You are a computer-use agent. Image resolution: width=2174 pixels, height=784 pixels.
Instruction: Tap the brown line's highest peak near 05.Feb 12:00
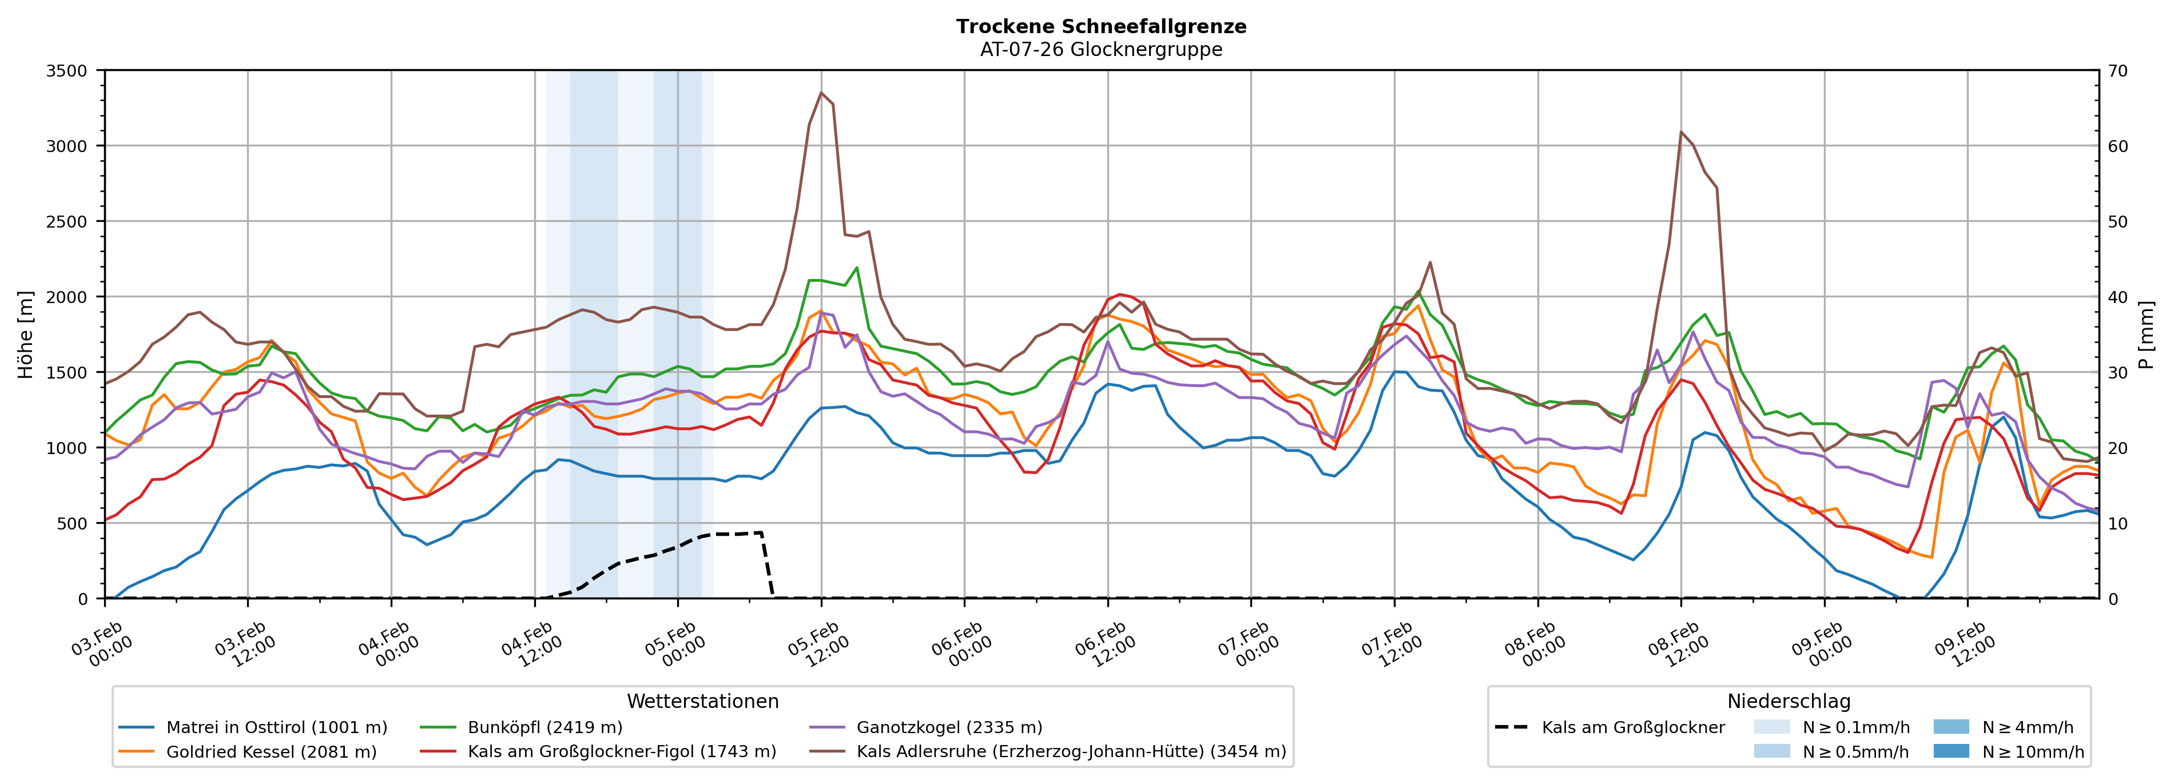click(821, 93)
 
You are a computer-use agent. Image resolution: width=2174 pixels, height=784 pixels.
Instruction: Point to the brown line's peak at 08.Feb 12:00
click(1681, 133)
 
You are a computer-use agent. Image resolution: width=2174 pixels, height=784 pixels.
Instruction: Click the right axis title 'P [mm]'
click(2146, 334)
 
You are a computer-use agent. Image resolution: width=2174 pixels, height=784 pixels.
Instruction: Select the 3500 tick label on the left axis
click(67, 71)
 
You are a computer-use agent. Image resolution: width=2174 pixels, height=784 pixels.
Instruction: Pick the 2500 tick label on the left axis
click(67, 222)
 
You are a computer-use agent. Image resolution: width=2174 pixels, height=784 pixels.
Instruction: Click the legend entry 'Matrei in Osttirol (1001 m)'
click(276, 727)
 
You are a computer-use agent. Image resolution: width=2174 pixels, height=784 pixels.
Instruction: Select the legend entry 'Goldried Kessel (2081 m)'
click(271, 752)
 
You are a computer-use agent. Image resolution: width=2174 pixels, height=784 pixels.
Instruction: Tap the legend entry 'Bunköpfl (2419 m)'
click(545, 727)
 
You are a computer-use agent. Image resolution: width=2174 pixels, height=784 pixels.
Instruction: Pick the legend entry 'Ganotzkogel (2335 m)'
click(949, 727)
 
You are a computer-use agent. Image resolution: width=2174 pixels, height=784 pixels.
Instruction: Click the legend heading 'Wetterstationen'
click(702, 701)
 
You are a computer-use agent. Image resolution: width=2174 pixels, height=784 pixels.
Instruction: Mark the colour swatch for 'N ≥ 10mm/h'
click(1950, 751)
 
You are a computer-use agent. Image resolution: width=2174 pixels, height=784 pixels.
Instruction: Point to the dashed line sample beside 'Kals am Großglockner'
click(1511, 727)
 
